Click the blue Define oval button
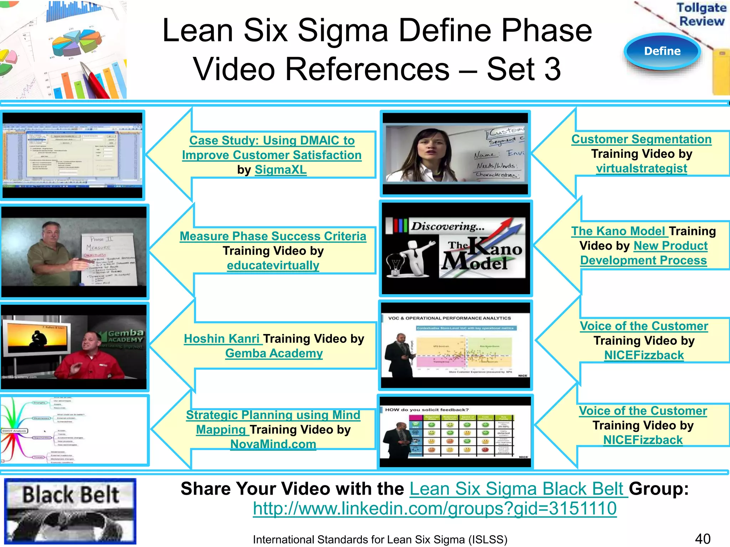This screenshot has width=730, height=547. [x=662, y=51]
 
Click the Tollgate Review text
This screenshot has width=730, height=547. [x=701, y=14]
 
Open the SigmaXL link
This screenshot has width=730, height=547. [x=281, y=170]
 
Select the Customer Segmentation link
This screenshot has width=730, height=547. [x=641, y=139]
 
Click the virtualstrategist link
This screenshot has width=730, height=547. [x=641, y=168]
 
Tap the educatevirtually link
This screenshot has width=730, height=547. [x=273, y=265]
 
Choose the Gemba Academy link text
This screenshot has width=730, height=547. [x=274, y=353]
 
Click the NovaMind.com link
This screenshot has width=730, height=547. [x=273, y=444]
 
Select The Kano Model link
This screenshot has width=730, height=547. [x=618, y=231]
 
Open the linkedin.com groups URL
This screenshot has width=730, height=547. [x=435, y=508]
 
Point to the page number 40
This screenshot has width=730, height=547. [x=703, y=538]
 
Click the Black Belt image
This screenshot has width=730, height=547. [x=70, y=511]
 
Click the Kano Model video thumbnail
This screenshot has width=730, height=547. [x=456, y=248]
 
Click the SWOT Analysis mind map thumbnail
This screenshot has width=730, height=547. [x=74, y=430]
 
